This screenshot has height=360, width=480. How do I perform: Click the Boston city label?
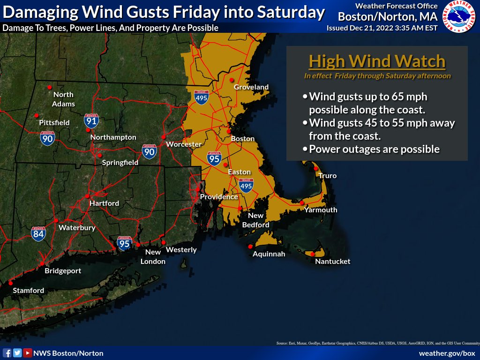(243, 139)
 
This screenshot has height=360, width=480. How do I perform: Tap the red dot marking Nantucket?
(313, 254)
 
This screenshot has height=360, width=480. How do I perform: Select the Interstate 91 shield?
(91, 121)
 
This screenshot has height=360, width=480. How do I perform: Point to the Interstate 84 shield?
(38, 233)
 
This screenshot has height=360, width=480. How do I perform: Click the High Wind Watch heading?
(377, 61)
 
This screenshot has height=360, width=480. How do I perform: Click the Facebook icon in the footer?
(7, 353)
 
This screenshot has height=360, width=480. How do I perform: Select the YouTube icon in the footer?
(28, 353)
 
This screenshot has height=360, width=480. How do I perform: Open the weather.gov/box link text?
(447, 353)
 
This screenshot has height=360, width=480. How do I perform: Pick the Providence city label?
(219, 197)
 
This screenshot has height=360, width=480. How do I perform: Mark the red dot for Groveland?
(231, 80)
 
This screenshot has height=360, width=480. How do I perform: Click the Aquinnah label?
(269, 254)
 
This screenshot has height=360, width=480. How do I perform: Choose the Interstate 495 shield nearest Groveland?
(202, 97)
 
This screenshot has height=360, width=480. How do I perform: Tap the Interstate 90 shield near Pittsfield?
(47, 137)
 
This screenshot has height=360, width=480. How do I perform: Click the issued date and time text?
(382, 28)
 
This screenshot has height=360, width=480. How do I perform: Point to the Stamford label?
(28, 291)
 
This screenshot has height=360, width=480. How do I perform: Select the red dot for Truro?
(316, 168)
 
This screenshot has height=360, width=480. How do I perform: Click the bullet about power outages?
(373, 149)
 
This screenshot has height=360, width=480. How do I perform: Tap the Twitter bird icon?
(17, 353)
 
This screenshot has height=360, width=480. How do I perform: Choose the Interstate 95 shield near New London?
(125, 243)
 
